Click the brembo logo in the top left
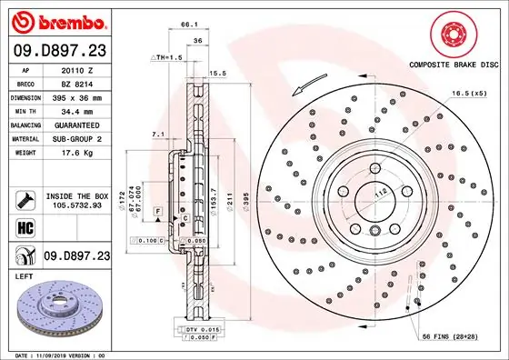point(57,21)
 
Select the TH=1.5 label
point(167,55)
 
